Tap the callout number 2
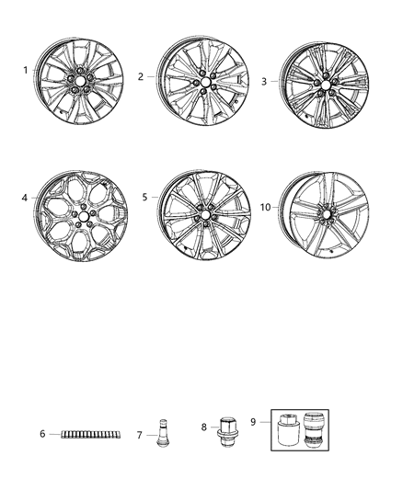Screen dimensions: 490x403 (141, 77)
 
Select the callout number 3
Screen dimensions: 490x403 (263, 81)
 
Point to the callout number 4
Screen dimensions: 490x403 (26, 197)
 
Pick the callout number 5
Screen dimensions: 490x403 (145, 197)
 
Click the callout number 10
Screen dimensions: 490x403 (265, 208)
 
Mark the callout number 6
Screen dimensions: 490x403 (42, 434)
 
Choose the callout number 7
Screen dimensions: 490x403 (139, 435)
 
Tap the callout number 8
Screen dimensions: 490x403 (203, 426)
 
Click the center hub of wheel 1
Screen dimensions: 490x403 (77, 82)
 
